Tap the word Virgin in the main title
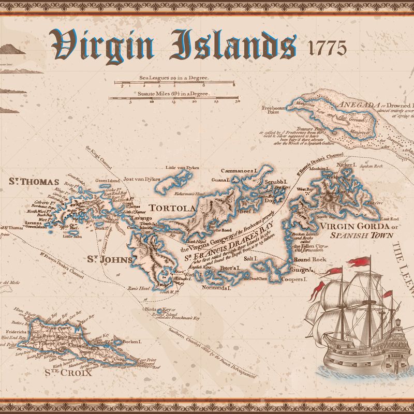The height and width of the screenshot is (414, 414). pyautogui.click(x=103, y=46)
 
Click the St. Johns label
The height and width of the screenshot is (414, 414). pyautogui.click(x=110, y=259)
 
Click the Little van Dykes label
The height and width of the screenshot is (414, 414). pyautogui.click(x=178, y=168)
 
